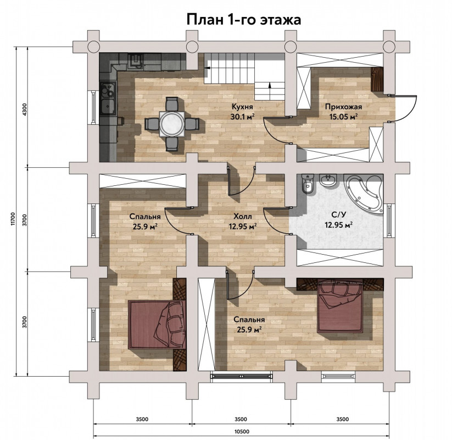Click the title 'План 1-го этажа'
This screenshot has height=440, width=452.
click(x=244, y=20)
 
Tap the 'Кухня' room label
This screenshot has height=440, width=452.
click(x=242, y=107)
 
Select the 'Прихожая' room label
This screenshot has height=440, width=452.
click(x=343, y=107)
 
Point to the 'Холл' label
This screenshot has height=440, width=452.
click(x=242, y=216)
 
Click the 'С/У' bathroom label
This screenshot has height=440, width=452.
click(x=339, y=215)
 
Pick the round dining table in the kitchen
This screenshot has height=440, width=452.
click(x=172, y=124)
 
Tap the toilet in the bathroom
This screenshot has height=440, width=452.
click(x=308, y=183)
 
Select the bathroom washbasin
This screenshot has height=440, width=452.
click(x=328, y=180)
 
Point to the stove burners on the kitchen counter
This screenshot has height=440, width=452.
click(x=108, y=89)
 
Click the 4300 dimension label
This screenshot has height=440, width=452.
click(x=24, y=109)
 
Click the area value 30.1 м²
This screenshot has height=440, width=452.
click(x=242, y=117)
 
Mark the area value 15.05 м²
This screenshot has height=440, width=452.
click(x=343, y=117)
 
